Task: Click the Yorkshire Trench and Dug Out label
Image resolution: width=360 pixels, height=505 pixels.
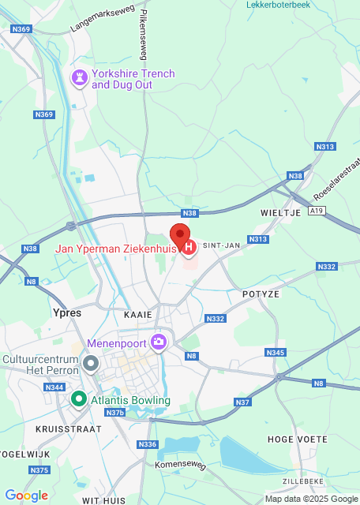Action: pos(133,79)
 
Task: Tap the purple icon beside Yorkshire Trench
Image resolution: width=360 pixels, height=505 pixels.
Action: pos(79,78)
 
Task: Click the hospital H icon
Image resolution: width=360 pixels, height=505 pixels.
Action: pos(189,248)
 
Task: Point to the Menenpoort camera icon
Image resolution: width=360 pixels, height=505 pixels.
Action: pos(159,342)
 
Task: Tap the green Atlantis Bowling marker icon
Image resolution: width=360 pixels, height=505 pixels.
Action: pos(78,399)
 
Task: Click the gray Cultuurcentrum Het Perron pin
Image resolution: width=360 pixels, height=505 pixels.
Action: pos(91,364)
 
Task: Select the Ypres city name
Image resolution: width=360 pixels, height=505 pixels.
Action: pos(66,312)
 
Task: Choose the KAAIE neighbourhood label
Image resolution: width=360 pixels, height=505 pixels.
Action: pos(137,314)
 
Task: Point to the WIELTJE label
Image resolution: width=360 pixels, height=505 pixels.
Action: pos(276,213)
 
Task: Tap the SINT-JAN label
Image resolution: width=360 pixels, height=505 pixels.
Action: pos(221,245)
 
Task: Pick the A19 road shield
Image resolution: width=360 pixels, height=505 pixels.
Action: pos(316,211)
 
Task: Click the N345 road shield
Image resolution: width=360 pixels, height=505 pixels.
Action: pos(276,352)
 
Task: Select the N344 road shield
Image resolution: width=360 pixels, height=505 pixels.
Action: pos(54,387)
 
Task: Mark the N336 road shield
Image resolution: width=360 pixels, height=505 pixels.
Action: pos(148,444)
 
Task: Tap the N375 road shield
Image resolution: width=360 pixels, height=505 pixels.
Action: pos(39,470)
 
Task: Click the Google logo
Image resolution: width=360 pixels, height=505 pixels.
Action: pos(26,495)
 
